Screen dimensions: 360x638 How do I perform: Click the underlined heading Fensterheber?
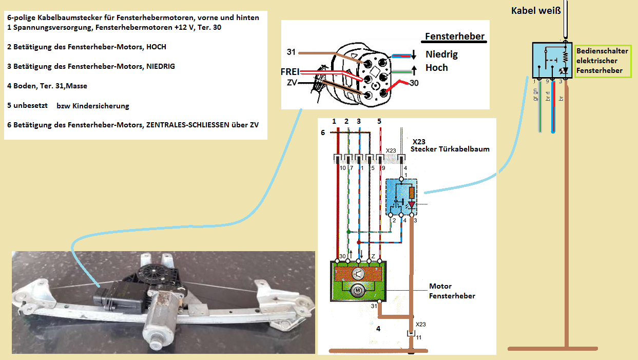(x=455, y=36)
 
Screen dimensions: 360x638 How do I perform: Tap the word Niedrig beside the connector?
(x=441, y=54)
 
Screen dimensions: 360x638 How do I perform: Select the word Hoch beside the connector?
(x=437, y=68)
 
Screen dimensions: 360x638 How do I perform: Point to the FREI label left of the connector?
(x=290, y=72)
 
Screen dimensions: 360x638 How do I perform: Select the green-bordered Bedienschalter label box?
(x=603, y=61)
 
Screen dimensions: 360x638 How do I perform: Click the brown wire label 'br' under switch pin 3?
(x=562, y=96)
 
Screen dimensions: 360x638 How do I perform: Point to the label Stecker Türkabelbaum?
(x=450, y=149)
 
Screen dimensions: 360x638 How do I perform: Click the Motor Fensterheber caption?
(x=452, y=291)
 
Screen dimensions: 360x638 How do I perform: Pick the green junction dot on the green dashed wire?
(x=349, y=232)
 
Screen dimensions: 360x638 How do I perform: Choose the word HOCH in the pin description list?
(x=157, y=47)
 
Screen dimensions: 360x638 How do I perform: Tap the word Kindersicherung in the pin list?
(x=101, y=106)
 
